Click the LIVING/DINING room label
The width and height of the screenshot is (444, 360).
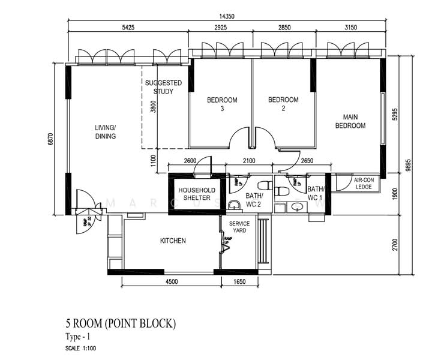pos(105,132)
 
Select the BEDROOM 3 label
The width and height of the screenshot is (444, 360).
pos(222,104)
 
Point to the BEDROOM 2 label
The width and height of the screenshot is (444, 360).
pos(283,104)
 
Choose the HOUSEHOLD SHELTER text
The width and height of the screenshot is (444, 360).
pos(193,194)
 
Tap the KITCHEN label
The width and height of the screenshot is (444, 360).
pos(173,241)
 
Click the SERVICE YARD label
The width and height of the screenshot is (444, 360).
pos(239,227)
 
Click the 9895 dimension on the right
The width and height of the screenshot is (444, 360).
pos(409,164)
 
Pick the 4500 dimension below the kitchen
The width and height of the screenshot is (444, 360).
pos(171,281)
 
